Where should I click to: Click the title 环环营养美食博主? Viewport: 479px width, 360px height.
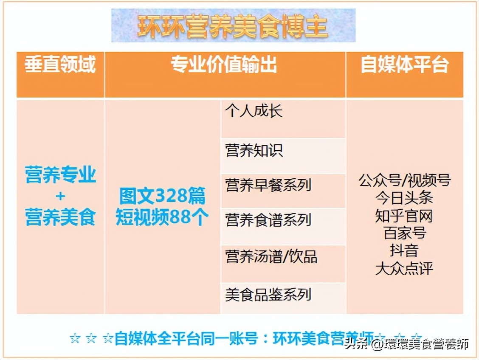tap(233, 26)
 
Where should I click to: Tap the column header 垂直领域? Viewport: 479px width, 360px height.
tap(60, 65)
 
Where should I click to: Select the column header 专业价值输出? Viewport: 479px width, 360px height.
tap(224, 65)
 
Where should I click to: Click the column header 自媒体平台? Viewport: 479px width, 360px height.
tap(404, 65)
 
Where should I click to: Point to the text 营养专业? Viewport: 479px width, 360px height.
tap(60, 175)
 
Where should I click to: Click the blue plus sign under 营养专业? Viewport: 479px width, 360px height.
tap(60, 196)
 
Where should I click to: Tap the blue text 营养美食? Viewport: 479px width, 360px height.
tap(60, 217)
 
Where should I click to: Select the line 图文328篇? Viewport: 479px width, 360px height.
tap(162, 196)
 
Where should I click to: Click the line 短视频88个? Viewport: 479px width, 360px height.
tap(162, 217)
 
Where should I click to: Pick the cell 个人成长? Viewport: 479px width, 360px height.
tap(254, 112)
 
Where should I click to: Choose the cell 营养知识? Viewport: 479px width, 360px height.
tap(254, 151)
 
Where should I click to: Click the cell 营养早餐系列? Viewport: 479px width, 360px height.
tap(268, 186)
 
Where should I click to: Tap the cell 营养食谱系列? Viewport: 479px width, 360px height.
tap(268, 220)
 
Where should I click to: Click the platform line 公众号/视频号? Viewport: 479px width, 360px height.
tap(404, 180)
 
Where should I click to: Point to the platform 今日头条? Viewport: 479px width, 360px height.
tap(404, 198)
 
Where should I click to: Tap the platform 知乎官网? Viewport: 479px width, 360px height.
tap(404, 216)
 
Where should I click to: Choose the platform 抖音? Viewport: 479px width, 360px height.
tap(404, 250)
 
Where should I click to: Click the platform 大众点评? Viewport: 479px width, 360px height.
tap(404, 268)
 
